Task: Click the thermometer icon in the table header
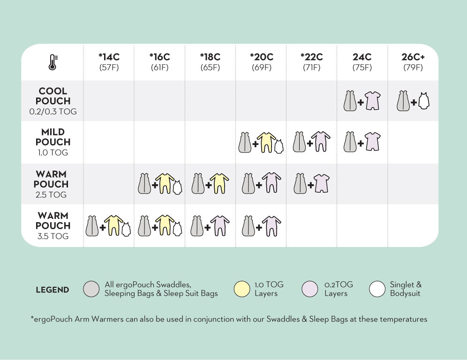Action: pos(53,62)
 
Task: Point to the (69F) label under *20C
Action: pos(262,67)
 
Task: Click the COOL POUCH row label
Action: pos(53,96)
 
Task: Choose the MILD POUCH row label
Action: pos(53,137)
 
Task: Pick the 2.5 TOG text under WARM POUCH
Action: pos(53,195)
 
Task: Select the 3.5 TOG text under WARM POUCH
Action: pos(53,236)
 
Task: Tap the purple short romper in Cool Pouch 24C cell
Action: pos(373,101)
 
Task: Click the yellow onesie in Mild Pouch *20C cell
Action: pos(266,142)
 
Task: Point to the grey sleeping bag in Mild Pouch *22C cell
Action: pos(300,142)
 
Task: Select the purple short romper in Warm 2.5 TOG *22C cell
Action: pos(322,183)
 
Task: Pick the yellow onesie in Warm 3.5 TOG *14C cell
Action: pos(113,225)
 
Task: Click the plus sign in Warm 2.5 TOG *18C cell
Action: pos(207,185)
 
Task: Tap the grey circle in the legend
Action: pos(91,289)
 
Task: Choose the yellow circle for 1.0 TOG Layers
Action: pos(241,289)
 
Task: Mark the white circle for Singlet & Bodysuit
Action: pos(377,289)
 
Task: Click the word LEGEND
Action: pos(53,290)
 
